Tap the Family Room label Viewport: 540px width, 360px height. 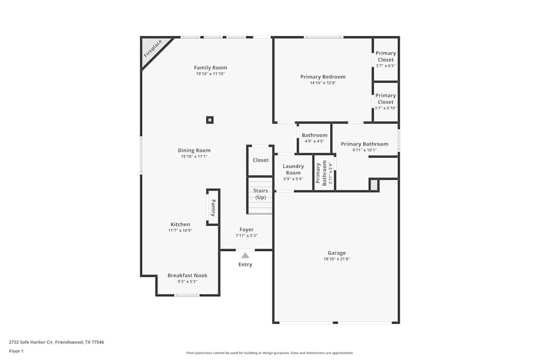point(210,67)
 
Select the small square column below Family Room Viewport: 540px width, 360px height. point(210,120)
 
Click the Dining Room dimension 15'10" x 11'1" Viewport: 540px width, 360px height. point(194,157)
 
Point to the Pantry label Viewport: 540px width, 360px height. point(213,208)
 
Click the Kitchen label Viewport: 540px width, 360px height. point(180,224)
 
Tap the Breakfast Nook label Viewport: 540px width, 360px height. point(187,275)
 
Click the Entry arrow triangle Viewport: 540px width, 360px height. point(245,255)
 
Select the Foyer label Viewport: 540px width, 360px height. point(246,229)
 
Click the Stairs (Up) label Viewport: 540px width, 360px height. point(260,194)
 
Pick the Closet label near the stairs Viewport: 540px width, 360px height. point(260,160)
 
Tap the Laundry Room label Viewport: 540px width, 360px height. point(293,169)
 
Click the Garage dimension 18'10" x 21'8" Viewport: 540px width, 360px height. point(336,259)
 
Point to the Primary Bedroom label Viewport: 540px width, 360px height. point(323,77)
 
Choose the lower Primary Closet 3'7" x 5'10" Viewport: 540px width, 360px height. point(386,101)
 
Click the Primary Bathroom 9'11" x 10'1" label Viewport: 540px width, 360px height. point(364,144)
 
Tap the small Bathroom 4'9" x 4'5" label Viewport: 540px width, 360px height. point(314,135)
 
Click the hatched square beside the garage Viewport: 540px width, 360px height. point(374,185)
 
